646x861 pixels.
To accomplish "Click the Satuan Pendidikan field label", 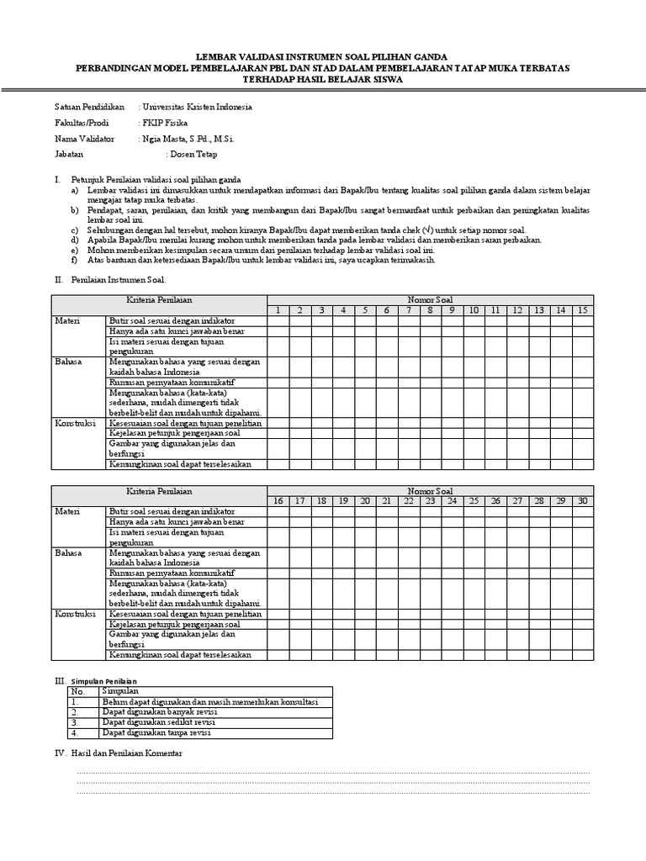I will point(89,107).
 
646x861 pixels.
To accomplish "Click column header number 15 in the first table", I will point(583,310).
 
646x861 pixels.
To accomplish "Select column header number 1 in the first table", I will point(278,310).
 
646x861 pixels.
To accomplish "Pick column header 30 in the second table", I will point(583,501).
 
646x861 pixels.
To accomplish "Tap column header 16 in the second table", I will point(278,501).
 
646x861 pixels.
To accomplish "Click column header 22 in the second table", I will point(408,501).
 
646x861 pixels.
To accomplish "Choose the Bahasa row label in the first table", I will point(68,361).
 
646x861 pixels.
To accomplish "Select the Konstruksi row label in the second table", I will point(74,614).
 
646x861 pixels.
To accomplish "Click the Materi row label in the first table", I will point(66,321).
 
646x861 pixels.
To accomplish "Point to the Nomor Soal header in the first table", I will point(430,299).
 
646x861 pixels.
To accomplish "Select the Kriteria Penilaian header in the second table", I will point(160,490).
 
